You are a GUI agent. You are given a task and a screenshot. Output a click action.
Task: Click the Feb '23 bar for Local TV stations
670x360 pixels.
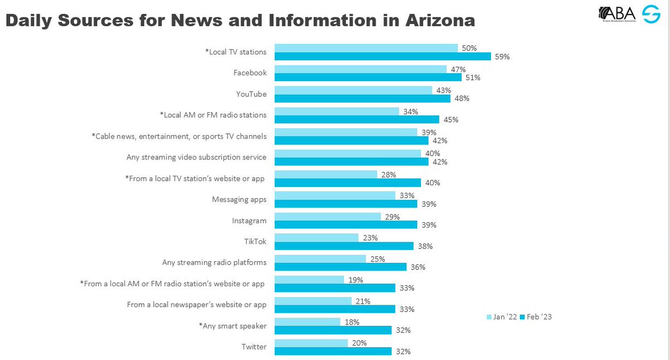(382, 56)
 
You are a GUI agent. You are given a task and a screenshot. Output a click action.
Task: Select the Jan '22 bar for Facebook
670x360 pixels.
(360, 69)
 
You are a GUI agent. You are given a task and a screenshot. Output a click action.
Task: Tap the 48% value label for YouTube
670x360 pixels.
(461, 99)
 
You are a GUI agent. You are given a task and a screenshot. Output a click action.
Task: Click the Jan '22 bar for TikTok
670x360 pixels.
(316, 238)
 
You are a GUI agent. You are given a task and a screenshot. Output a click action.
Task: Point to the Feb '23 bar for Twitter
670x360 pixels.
(333, 351)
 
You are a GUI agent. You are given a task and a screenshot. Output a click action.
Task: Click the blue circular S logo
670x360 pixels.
(651, 15)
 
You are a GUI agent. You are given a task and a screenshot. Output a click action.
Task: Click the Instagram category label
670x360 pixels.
(249, 220)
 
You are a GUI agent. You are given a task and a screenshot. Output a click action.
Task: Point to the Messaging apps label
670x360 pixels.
(239, 199)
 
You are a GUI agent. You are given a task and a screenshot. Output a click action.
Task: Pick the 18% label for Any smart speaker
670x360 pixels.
(352, 322)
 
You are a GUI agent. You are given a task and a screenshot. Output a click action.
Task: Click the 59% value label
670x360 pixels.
(501, 57)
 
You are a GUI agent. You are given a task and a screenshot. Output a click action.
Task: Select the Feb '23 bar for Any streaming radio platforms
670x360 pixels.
(340, 267)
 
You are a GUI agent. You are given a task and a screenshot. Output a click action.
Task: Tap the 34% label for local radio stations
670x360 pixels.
(410, 112)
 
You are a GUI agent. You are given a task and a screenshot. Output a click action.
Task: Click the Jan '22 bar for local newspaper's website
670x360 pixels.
(313, 301)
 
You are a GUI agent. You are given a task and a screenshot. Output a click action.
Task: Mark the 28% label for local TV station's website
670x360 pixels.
(389, 175)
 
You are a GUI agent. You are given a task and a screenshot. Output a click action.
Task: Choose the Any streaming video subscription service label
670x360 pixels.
(197, 157)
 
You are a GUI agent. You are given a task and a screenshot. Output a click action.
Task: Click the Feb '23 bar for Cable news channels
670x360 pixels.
(351, 141)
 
